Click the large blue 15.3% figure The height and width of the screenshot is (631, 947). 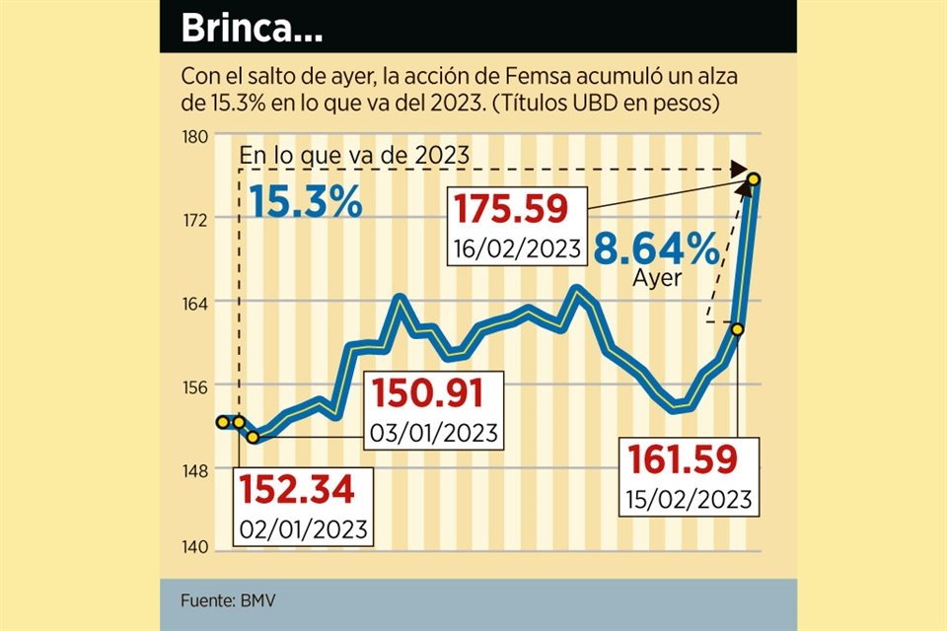(x=305, y=203)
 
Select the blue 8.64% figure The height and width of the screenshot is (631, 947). (x=656, y=249)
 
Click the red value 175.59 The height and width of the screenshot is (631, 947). (x=512, y=210)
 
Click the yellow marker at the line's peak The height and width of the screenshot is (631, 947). (x=754, y=178)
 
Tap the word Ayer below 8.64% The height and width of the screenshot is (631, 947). (x=656, y=278)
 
